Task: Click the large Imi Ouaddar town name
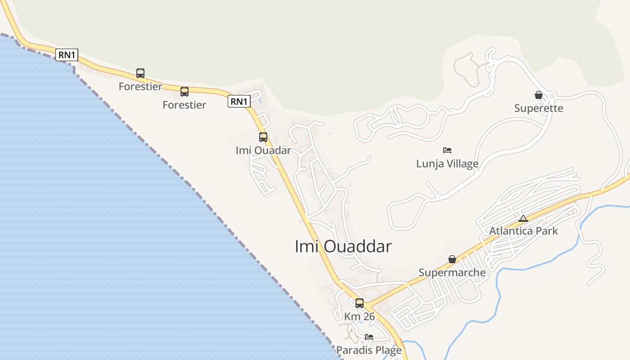[343, 247]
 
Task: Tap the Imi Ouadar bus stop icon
[263, 137]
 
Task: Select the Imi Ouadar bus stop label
[263, 150]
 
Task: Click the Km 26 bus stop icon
[360, 303]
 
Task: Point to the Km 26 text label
[360, 316]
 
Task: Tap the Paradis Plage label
[369, 350]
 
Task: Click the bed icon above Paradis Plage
[369, 337]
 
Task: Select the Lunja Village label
[447, 163]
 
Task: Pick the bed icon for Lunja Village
[447, 150]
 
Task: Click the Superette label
[539, 108]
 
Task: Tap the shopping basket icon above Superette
[539, 95]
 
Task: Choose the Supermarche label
[452, 272]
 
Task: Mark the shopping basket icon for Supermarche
[452, 259]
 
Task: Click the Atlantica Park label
[523, 231]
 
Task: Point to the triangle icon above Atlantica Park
[523, 218]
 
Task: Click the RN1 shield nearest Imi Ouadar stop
[239, 101]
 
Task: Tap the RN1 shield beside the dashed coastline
[67, 55]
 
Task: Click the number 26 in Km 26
[369, 316]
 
